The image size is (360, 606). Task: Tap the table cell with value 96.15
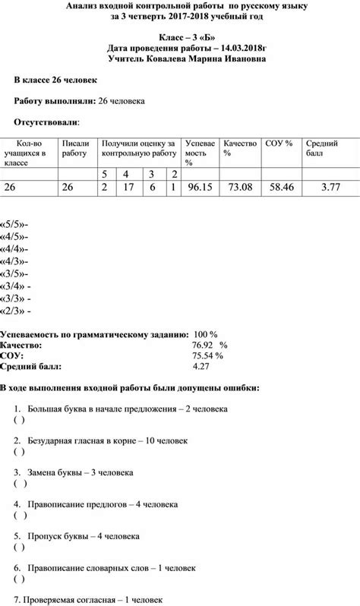pyautogui.click(x=199, y=188)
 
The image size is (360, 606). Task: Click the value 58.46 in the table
pyautogui.click(x=282, y=188)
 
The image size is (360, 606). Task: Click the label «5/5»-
pyautogui.click(x=15, y=225)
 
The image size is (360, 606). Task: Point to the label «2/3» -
pyautogui.click(x=17, y=311)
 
